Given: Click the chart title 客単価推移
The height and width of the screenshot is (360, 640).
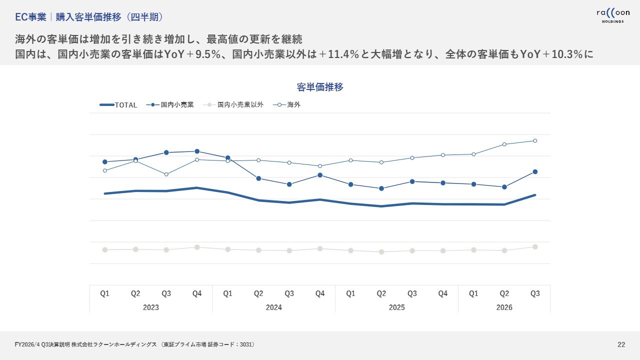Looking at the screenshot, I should (320, 87).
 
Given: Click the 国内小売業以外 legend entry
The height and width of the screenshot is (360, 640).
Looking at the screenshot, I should (240, 105).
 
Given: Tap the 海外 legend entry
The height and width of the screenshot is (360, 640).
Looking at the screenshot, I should (293, 105).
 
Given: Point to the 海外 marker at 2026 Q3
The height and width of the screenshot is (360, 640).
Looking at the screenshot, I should (535, 140).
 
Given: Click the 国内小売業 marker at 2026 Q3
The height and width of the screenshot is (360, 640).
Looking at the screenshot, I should (535, 171).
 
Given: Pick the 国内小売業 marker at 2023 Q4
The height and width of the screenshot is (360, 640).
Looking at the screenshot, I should (197, 151).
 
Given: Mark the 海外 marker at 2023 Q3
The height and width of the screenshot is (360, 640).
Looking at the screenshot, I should (166, 174).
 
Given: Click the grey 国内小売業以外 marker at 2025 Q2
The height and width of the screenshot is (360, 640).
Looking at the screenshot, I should (381, 251).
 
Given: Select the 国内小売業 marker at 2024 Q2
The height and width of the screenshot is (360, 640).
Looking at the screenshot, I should (258, 178).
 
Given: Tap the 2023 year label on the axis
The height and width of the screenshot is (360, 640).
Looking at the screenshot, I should (151, 307).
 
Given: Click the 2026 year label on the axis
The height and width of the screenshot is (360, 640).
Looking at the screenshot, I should (504, 307).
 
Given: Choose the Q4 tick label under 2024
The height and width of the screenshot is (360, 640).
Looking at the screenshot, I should (320, 294).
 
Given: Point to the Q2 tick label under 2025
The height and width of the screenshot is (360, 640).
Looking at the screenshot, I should (381, 294).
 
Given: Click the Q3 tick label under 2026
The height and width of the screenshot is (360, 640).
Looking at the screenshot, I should (535, 294).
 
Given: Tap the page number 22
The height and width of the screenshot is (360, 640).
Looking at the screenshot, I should (621, 344).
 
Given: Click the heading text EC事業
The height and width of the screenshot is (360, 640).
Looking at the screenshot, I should (30, 17).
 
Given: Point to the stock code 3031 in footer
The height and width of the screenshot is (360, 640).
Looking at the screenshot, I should (246, 344).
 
